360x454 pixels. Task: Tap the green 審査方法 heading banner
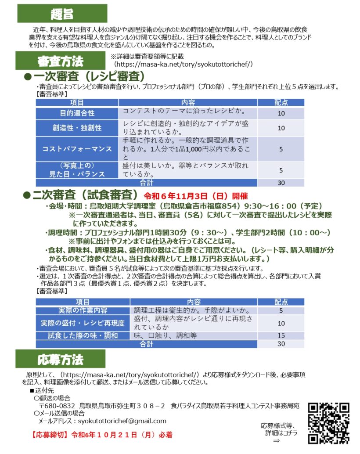coord(60,61)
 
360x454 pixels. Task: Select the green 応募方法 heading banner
coord(60,360)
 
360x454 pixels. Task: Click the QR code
coord(329,422)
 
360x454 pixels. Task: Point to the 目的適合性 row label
coord(77,113)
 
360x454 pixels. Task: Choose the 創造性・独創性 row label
coord(77,128)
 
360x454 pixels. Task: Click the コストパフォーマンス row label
coord(77,149)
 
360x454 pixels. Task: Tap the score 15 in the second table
coord(281,335)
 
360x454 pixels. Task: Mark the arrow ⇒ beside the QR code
coord(276,441)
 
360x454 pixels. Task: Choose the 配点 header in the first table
coord(281,102)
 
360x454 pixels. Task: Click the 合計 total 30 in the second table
coord(281,344)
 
